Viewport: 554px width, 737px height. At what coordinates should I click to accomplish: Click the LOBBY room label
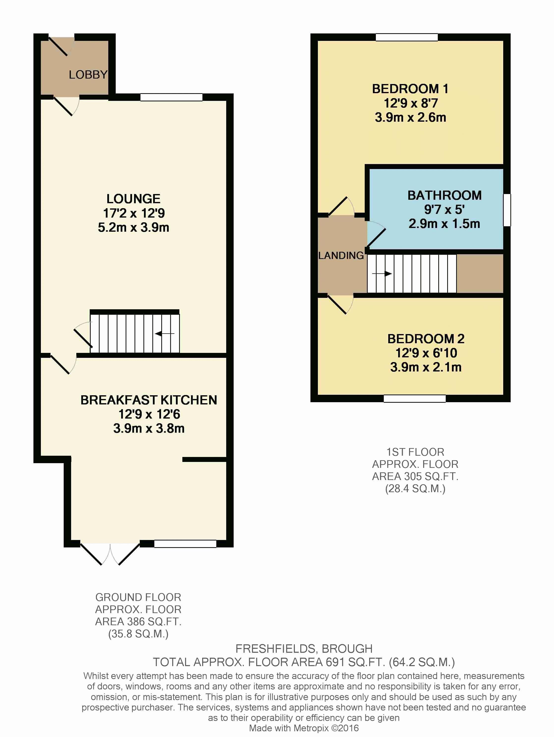tap(88, 75)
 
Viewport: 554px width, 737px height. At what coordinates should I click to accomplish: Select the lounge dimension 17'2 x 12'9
tap(134, 213)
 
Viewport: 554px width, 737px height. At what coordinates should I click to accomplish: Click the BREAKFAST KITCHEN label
tap(149, 400)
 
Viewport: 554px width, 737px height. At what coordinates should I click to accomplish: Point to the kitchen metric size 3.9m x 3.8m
tap(149, 428)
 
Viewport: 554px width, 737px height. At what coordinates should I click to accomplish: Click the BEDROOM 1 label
tap(410, 89)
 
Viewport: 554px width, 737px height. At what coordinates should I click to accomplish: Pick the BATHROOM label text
tap(444, 195)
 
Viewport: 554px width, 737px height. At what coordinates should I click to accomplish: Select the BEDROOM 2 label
tap(426, 339)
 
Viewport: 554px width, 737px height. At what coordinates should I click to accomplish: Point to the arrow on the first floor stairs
tap(382, 274)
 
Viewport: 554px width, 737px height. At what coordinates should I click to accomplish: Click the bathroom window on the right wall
tap(507, 210)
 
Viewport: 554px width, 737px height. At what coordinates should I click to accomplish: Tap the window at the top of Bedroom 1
tap(407, 37)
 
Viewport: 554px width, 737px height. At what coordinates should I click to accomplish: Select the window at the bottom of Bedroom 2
tap(415, 398)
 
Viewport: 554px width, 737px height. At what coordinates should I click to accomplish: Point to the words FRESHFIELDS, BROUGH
tap(304, 649)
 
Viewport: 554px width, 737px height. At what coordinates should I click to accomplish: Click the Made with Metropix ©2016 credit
tap(304, 728)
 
